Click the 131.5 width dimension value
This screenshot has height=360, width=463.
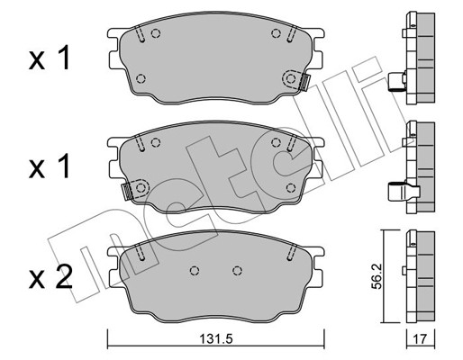pos(216,339)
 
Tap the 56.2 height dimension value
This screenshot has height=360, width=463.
pos(376,276)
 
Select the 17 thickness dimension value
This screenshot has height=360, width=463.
pos(420,339)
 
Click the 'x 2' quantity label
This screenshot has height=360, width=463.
pos(50,278)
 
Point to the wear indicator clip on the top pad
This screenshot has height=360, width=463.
pos(304,82)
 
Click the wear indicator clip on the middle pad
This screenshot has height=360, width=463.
pos(126,192)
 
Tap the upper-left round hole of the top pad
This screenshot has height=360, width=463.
pos(156,33)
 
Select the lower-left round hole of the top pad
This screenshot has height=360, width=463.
pos(141,78)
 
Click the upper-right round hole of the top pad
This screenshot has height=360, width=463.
pos(276,33)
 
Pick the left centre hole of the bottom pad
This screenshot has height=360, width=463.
pos(195,271)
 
